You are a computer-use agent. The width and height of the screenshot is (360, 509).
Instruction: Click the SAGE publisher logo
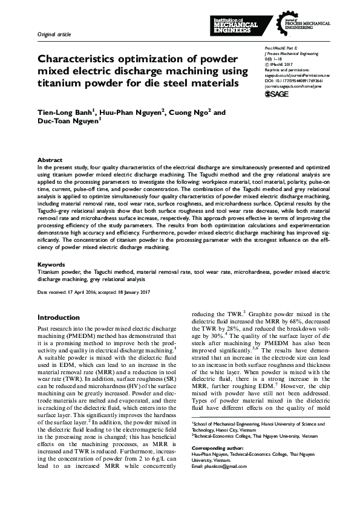[279, 94]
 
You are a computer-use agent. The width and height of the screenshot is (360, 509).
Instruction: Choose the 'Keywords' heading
[51, 265]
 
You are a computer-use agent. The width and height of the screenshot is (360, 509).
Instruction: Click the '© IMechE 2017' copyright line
[280, 63]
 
